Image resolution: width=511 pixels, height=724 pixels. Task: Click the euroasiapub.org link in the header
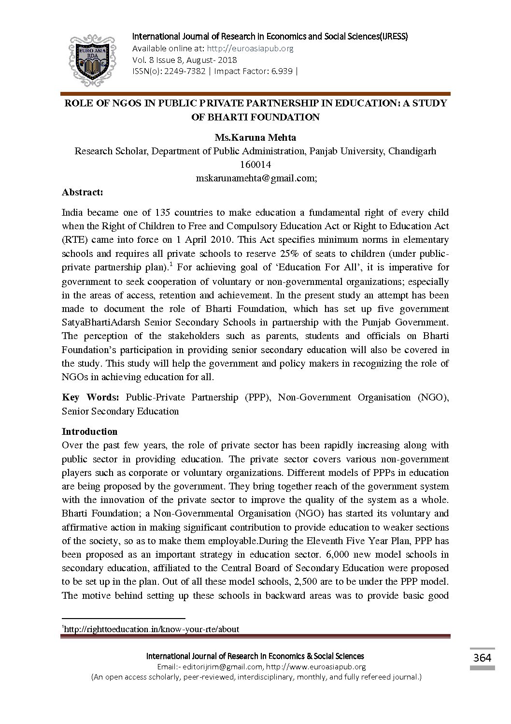[250, 48]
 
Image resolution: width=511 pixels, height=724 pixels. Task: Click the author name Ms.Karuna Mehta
[255, 138]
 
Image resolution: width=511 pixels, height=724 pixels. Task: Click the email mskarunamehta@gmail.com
[255, 178]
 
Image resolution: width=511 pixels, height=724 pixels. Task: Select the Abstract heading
[83, 192]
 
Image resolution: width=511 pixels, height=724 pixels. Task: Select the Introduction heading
[90, 431]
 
